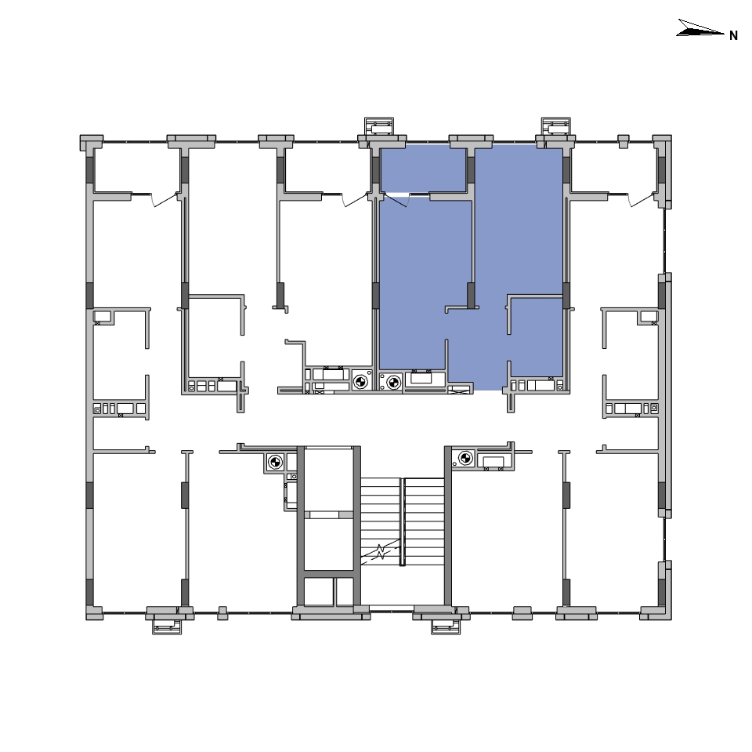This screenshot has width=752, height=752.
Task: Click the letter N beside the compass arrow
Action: pyautogui.click(x=733, y=35)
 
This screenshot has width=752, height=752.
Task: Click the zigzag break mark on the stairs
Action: pyautogui.click(x=381, y=551)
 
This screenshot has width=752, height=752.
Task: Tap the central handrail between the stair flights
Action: pyautogui.click(x=403, y=521)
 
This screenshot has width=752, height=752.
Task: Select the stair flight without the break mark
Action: pyautogui.click(x=425, y=521)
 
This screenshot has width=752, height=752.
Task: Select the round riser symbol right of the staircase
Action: pyautogui.click(x=465, y=458)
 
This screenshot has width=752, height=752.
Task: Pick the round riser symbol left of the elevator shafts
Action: pyautogui.click(x=275, y=463)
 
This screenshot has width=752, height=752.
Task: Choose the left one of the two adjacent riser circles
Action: pyautogui.click(x=360, y=382)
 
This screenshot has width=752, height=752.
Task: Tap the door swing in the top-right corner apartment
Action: pyautogui.click(x=642, y=200)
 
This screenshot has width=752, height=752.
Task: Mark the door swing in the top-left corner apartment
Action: pyautogui.click(x=164, y=200)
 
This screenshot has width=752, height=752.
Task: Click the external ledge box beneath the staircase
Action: pyautogui.click(x=446, y=627)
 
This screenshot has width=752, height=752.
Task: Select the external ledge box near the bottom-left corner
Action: pyautogui.click(x=167, y=627)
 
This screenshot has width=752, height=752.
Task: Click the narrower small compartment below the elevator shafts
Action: pyautogui.click(x=345, y=591)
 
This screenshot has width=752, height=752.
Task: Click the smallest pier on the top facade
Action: pyautogui.click(x=623, y=141)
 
